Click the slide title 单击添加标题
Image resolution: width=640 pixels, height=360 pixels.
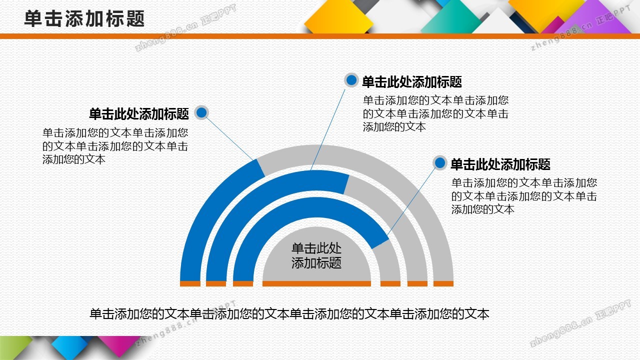click(84, 18)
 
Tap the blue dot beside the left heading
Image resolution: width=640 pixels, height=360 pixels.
click(201, 112)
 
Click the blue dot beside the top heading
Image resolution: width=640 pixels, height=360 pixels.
click(351, 80)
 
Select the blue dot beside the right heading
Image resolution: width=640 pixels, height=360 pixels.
click(439, 163)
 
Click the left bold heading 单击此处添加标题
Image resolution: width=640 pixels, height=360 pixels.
click(139, 114)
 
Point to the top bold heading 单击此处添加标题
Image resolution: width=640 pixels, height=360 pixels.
click(412, 81)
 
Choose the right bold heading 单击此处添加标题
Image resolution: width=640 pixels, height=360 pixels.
click(500, 164)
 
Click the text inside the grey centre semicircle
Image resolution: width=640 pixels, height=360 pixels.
click(316, 255)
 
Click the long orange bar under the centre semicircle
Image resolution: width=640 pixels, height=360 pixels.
click(316, 283)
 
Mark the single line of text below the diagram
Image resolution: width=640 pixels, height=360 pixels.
click(289, 314)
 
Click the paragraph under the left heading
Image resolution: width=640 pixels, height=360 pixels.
click(115, 146)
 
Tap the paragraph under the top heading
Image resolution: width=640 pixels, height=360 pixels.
click(435, 113)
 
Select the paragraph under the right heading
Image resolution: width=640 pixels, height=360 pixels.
click(524, 195)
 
